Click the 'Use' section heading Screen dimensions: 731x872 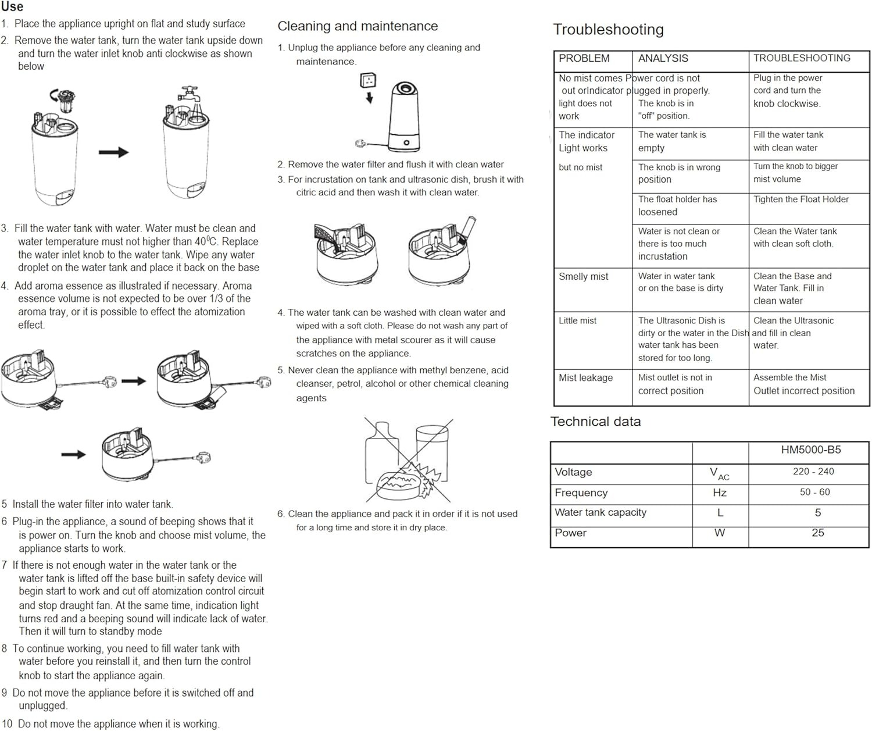tap(12, 7)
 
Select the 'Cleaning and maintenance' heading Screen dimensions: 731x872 tap(358, 26)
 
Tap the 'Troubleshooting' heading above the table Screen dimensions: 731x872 tap(608, 30)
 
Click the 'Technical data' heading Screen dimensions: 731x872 tap(595, 422)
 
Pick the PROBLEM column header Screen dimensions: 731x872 tap(584, 58)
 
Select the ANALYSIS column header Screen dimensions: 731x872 tap(663, 58)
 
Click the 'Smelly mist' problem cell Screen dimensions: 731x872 tap(583, 277)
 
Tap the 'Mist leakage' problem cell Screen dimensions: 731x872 tap(585, 378)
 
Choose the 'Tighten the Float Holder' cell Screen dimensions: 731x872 tap(800, 199)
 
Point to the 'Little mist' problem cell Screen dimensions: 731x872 tap(577, 320)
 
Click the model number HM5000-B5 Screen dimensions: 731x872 tap(810, 450)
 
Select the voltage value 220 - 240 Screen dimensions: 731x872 tap(813, 472)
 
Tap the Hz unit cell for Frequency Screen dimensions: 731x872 tap(720, 493)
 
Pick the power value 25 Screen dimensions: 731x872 tap(817, 533)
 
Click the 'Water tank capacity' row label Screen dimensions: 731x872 tap(601, 512)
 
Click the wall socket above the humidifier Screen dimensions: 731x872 tap(368, 80)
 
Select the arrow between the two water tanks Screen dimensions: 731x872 tap(113, 152)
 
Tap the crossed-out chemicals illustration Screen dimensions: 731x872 tap(408, 459)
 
